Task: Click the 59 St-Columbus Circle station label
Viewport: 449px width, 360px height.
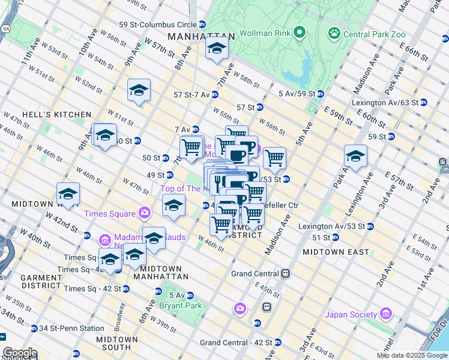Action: pyautogui.click(x=158, y=25)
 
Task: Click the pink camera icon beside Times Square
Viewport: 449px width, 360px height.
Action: pyautogui.click(x=144, y=213)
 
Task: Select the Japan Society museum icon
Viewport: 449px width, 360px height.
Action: pyautogui.click(x=385, y=314)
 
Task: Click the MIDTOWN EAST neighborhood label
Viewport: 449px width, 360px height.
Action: pyautogui.click(x=336, y=252)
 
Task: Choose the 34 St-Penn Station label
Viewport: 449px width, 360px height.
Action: pyautogui.click(x=71, y=328)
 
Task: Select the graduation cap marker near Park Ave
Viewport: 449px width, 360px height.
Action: pyautogui.click(x=355, y=157)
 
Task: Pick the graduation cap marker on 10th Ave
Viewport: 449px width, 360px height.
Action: pyautogui.click(x=68, y=194)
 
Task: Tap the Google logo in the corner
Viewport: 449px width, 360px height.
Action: pyautogui.click(x=20, y=353)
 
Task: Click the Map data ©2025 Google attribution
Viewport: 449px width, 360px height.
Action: pyautogui.click(x=412, y=355)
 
